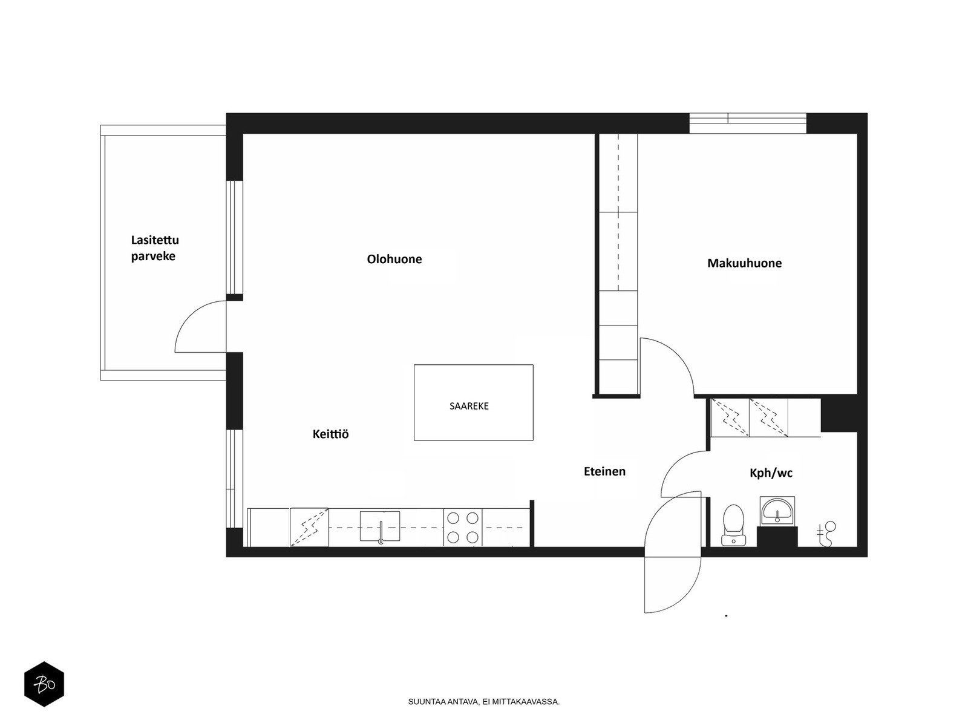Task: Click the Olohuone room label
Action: click(x=394, y=259)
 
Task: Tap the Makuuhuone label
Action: click(x=744, y=263)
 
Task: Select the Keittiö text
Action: click(x=331, y=434)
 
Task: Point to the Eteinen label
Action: click(x=604, y=471)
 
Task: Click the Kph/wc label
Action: click(x=771, y=473)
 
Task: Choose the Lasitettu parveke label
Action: click(x=155, y=248)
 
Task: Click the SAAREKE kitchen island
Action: click(x=473, y=402)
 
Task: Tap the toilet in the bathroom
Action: click(x=733, y=525)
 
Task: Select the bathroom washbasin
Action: click(x=777, y=511)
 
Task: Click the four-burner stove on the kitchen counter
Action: click(x=463, y=527)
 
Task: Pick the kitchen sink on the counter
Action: click(x=380, y=526)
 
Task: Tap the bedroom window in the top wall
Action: click(x=748, y=123)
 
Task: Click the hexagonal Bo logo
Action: click(x=44, y=684)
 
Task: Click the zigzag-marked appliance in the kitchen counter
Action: click(x=309, y=527)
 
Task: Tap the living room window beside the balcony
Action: click(x=235, y=237)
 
